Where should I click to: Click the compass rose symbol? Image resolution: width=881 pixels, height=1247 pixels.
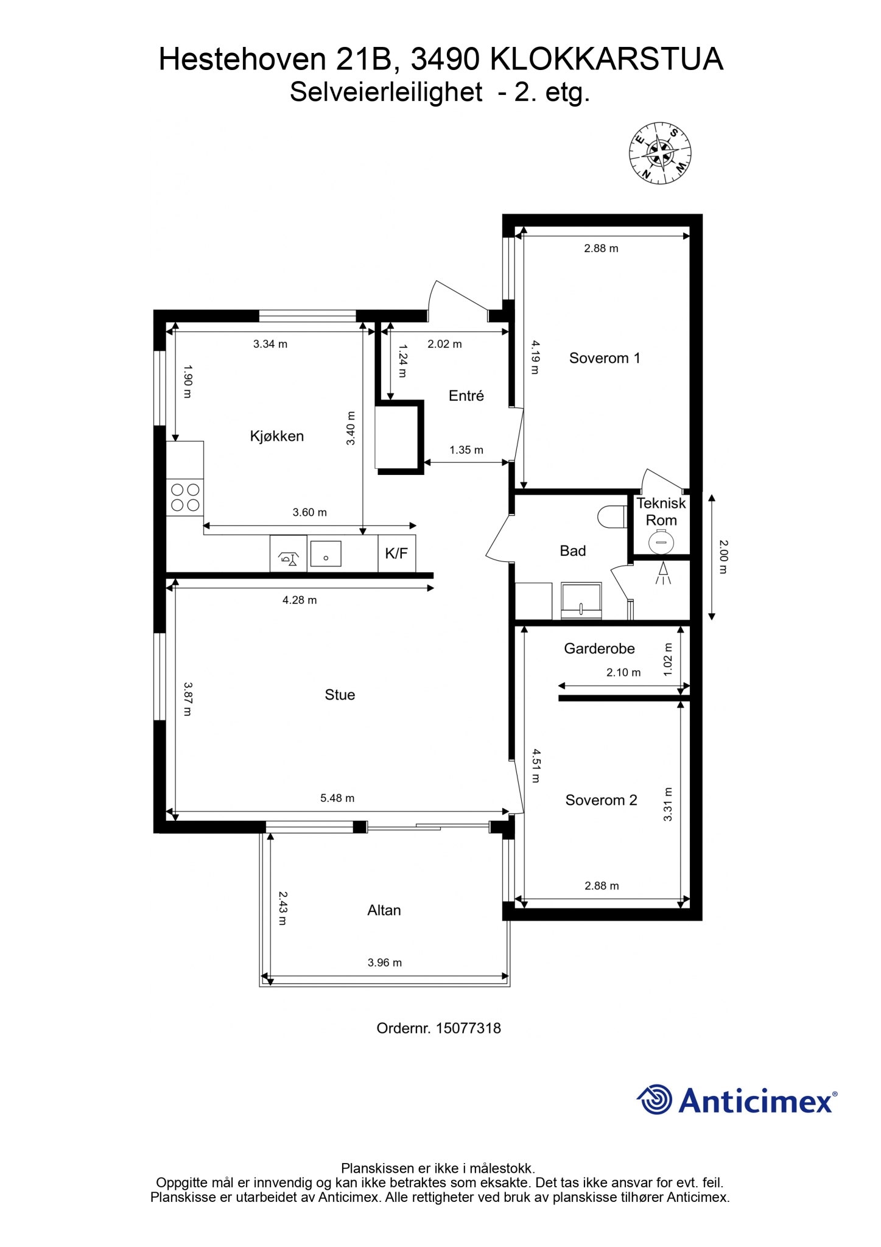coord(660,153)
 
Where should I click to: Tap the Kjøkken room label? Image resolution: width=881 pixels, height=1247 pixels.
coord(277,436)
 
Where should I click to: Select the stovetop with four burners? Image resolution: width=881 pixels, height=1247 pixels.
coord(185,497)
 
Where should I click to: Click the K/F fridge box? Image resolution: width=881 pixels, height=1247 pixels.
coord(397,553)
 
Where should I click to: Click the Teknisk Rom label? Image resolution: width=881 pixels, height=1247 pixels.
coord(661,511)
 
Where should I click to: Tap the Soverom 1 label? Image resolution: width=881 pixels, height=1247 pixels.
coord(605,358)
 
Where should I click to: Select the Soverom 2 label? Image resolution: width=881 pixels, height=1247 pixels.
coord(602,800)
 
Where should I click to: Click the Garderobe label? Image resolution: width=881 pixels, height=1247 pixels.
coord(599,648)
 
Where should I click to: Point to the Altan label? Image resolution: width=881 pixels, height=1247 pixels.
coord(384,910)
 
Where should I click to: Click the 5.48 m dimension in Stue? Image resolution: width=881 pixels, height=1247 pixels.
coord(337,798)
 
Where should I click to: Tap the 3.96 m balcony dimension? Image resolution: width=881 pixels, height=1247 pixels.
coord(385,963)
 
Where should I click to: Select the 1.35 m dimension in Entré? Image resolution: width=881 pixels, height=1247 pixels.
coord(466,450)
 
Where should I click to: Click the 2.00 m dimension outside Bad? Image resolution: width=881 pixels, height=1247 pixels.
coord(723,557)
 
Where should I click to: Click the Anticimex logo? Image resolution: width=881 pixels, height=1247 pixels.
coord(737,1100)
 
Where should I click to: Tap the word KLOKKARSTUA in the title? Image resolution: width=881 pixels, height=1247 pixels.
coord(606,60)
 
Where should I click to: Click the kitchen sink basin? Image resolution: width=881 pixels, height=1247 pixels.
coord(326,554)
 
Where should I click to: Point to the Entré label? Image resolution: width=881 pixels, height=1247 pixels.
coord(466,396)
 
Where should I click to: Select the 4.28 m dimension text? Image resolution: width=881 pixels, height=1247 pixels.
coord(300,600)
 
